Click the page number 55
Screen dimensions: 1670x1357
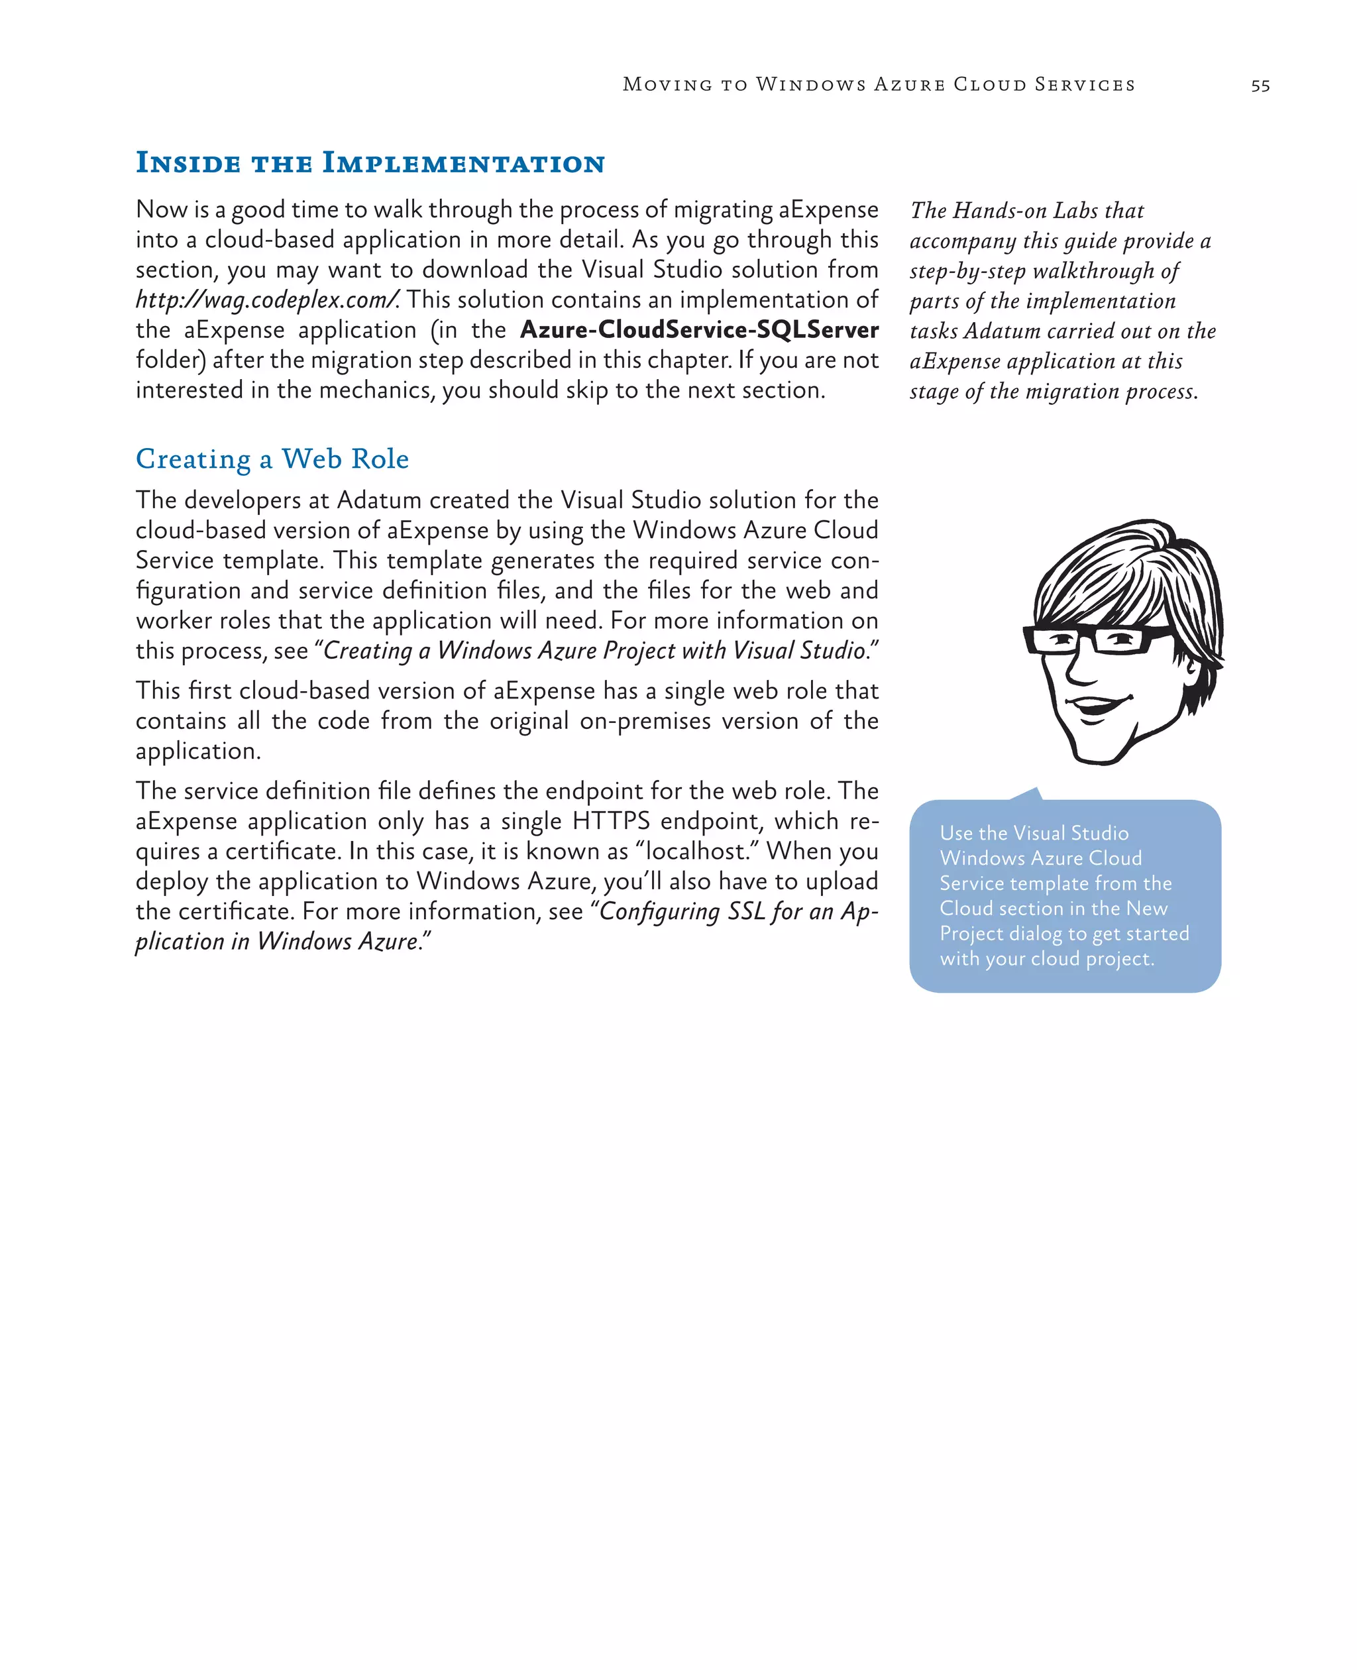coord(1260,86)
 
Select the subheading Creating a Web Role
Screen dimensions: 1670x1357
coord(272,459)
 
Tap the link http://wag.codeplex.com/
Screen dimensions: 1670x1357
coord(267,300)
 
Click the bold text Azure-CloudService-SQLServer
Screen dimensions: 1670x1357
coord(699,330)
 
